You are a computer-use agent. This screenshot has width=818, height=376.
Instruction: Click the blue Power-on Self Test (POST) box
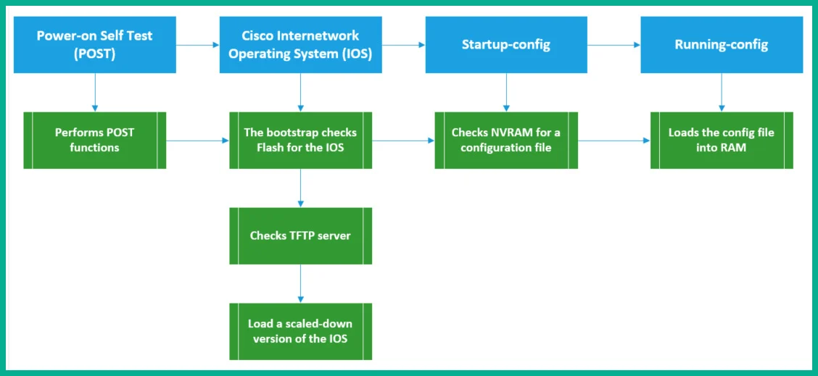95,44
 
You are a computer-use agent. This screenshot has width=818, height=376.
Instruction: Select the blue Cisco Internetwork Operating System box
300,44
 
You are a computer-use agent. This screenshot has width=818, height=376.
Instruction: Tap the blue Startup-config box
506,44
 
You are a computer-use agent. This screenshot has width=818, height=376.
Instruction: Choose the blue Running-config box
722,44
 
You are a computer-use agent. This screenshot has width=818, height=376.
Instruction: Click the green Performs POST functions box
95,141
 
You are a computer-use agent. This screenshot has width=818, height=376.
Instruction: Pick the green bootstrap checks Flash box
300,141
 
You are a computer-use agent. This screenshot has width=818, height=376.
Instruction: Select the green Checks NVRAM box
506,141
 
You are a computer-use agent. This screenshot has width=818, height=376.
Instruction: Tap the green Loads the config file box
722,141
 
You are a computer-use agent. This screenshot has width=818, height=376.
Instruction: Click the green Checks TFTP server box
300,235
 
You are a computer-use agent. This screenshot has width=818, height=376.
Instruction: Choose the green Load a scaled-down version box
300,331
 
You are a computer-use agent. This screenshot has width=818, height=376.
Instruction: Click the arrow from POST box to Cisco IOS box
198,45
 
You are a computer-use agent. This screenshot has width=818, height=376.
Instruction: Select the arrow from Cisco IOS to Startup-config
404,45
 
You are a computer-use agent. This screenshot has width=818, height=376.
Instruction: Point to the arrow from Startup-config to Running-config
614,45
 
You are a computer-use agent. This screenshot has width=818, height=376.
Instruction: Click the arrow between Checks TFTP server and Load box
300,284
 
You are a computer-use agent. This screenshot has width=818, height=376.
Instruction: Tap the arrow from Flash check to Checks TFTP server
300,188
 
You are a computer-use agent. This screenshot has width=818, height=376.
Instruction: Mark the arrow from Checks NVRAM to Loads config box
614,141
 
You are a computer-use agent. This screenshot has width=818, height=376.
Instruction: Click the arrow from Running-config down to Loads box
722,92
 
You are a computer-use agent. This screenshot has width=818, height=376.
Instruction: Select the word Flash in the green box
270,148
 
